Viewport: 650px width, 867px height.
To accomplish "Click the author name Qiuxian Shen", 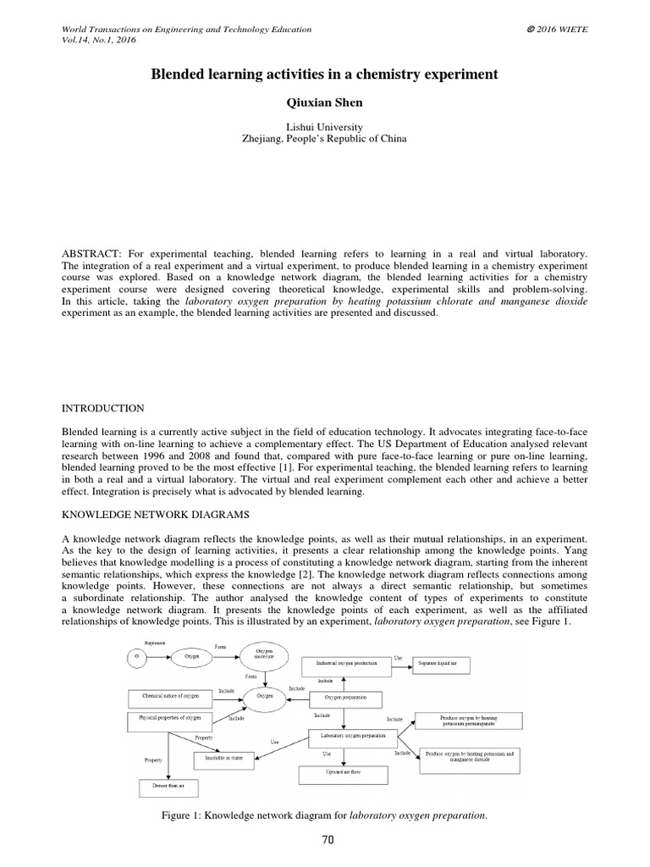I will (324, 102).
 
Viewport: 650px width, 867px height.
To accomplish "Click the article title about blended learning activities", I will (324, 75).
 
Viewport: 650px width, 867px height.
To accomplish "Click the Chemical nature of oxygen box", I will (168, 699).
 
